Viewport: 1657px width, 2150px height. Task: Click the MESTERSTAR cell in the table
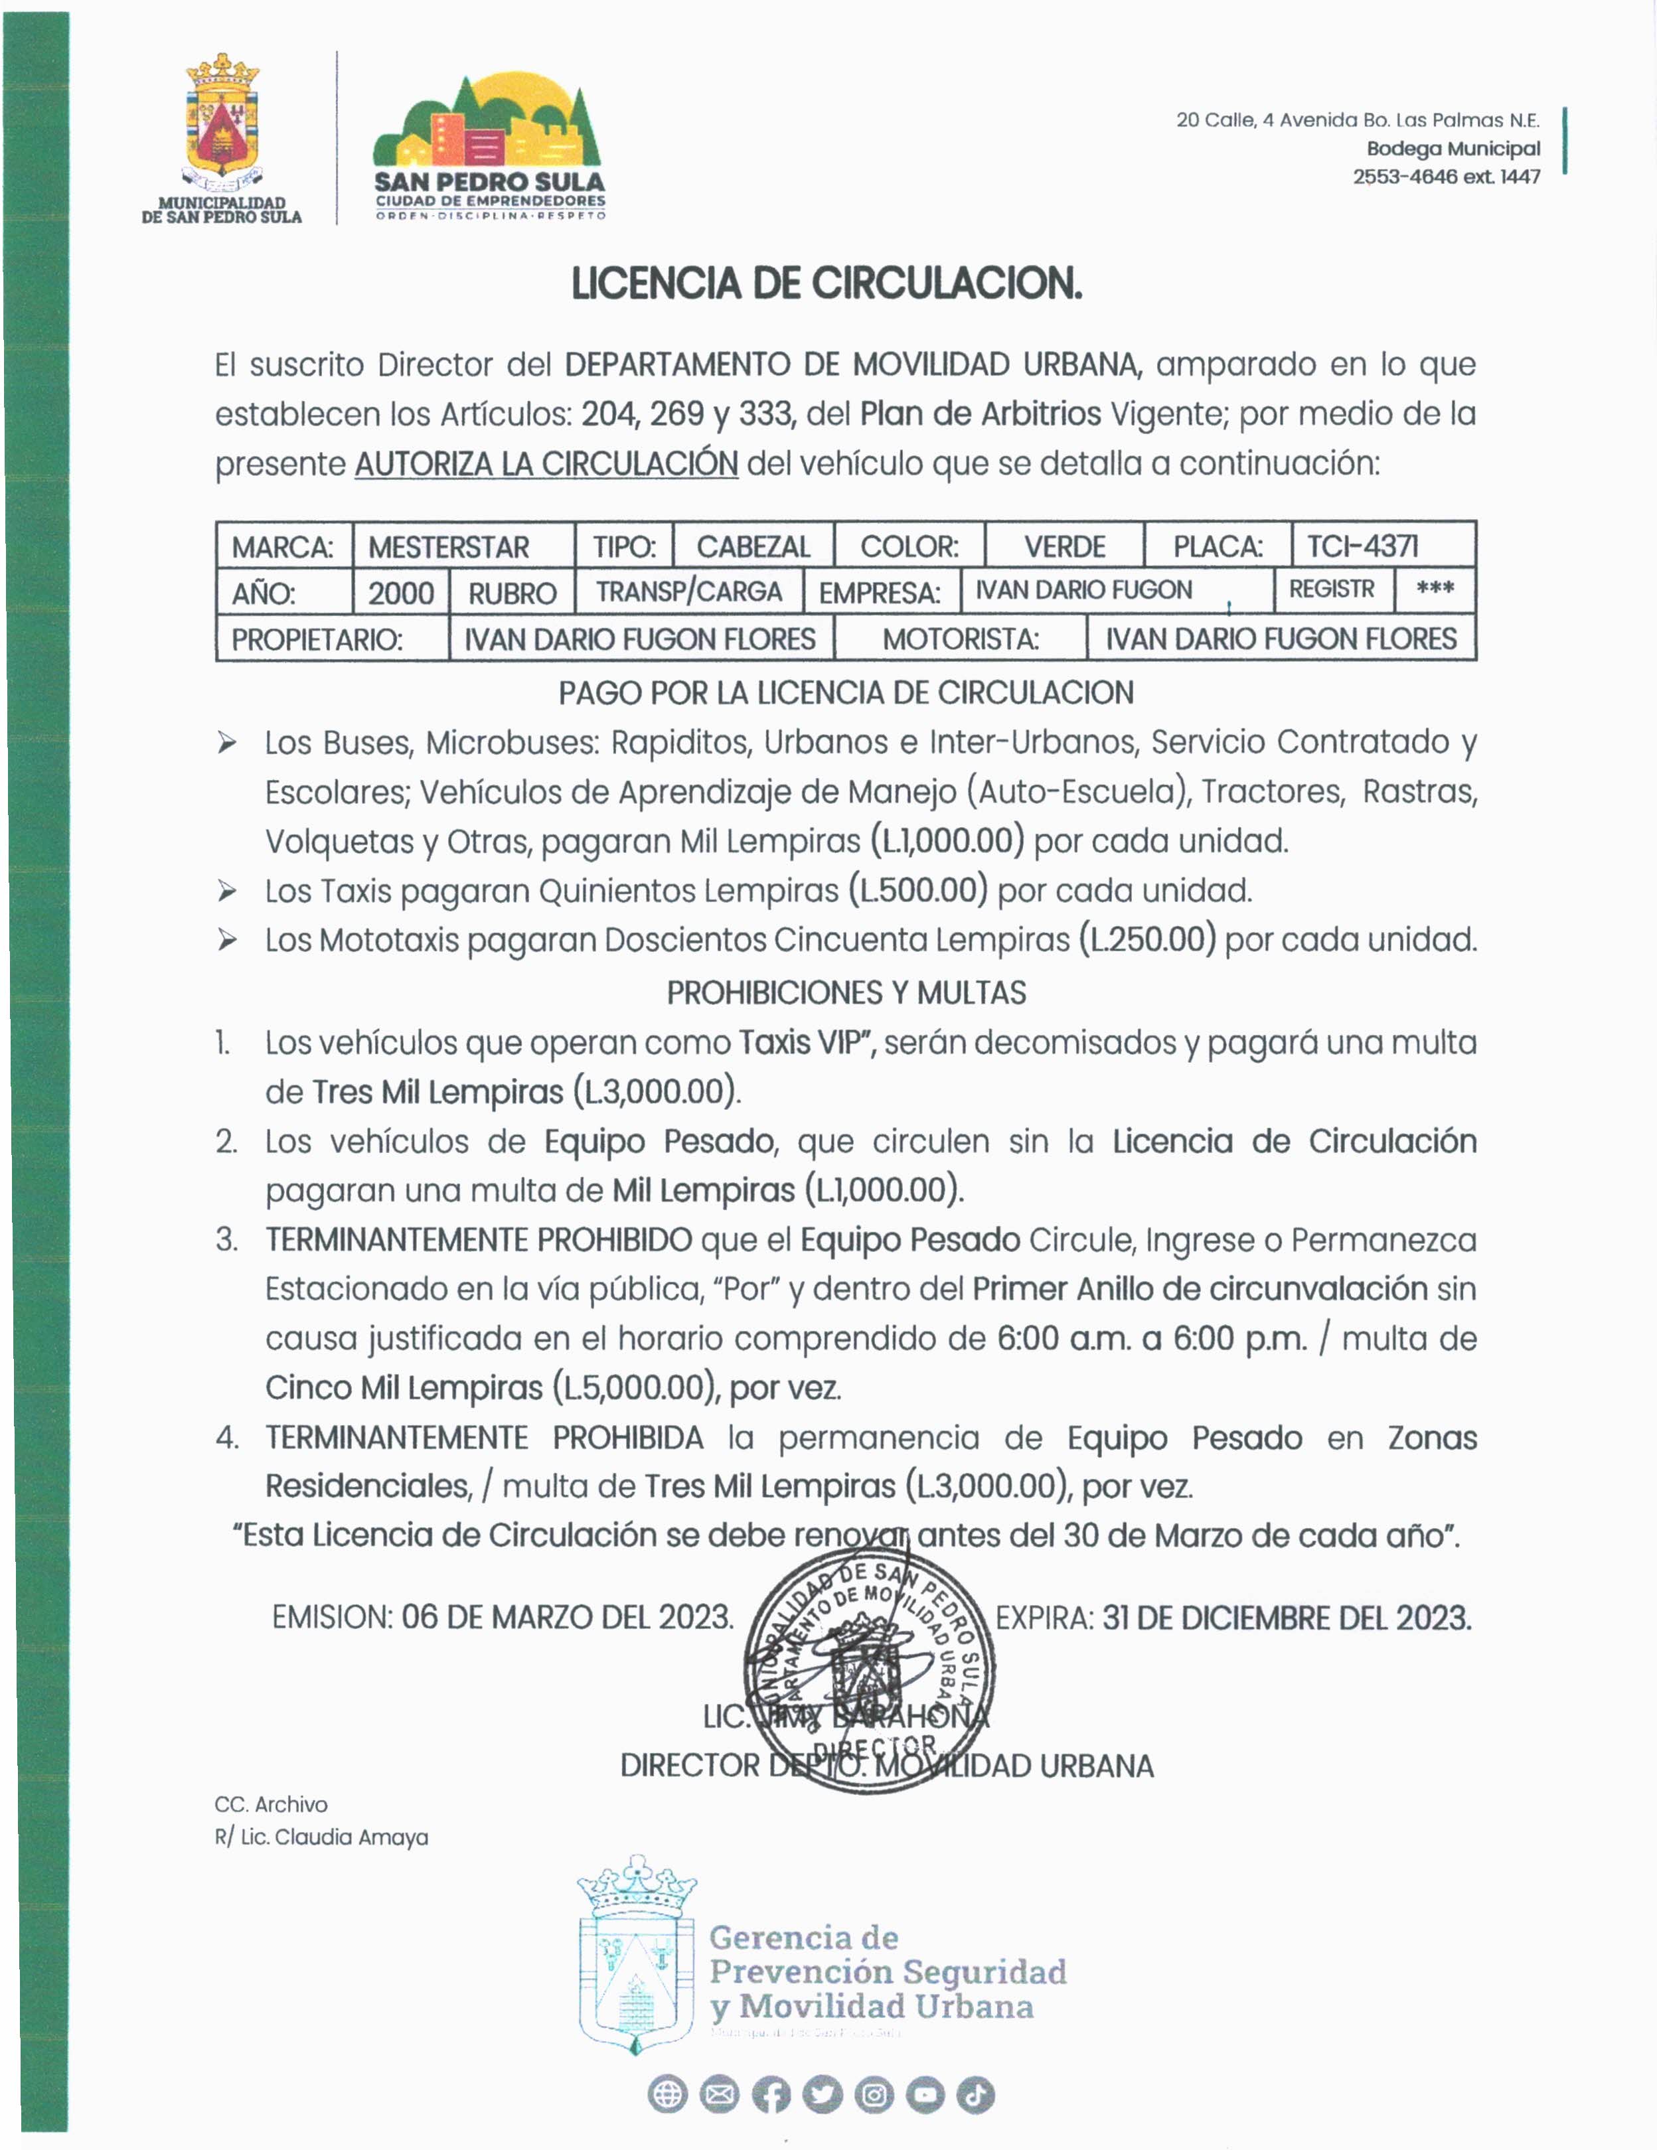(x=449, y=546)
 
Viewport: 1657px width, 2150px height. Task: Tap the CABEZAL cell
(x=753, y=546)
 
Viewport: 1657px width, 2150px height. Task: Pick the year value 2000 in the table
(x=401, y=593)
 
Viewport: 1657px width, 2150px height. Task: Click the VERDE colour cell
(x=1064, y=546)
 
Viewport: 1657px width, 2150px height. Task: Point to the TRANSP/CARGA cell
(x=689, y=591)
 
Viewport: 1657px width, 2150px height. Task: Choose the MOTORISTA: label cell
(x=960, y=639)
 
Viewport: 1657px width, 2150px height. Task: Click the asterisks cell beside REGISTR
(x=1435, y=589)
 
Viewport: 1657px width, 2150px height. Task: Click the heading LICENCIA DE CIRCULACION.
(x=827, y=283)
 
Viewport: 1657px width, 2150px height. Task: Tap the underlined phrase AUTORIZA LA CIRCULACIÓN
(x=546, y=463)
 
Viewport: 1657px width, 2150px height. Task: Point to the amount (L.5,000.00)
(x=635, y=1388)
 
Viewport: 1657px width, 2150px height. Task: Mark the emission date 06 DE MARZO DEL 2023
(x=567, y=1618)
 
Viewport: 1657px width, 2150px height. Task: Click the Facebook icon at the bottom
(x=771, y=2095)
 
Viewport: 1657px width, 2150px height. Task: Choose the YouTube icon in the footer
(x=925, y=2095)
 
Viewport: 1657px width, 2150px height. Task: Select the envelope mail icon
(x=719, y=2095)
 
